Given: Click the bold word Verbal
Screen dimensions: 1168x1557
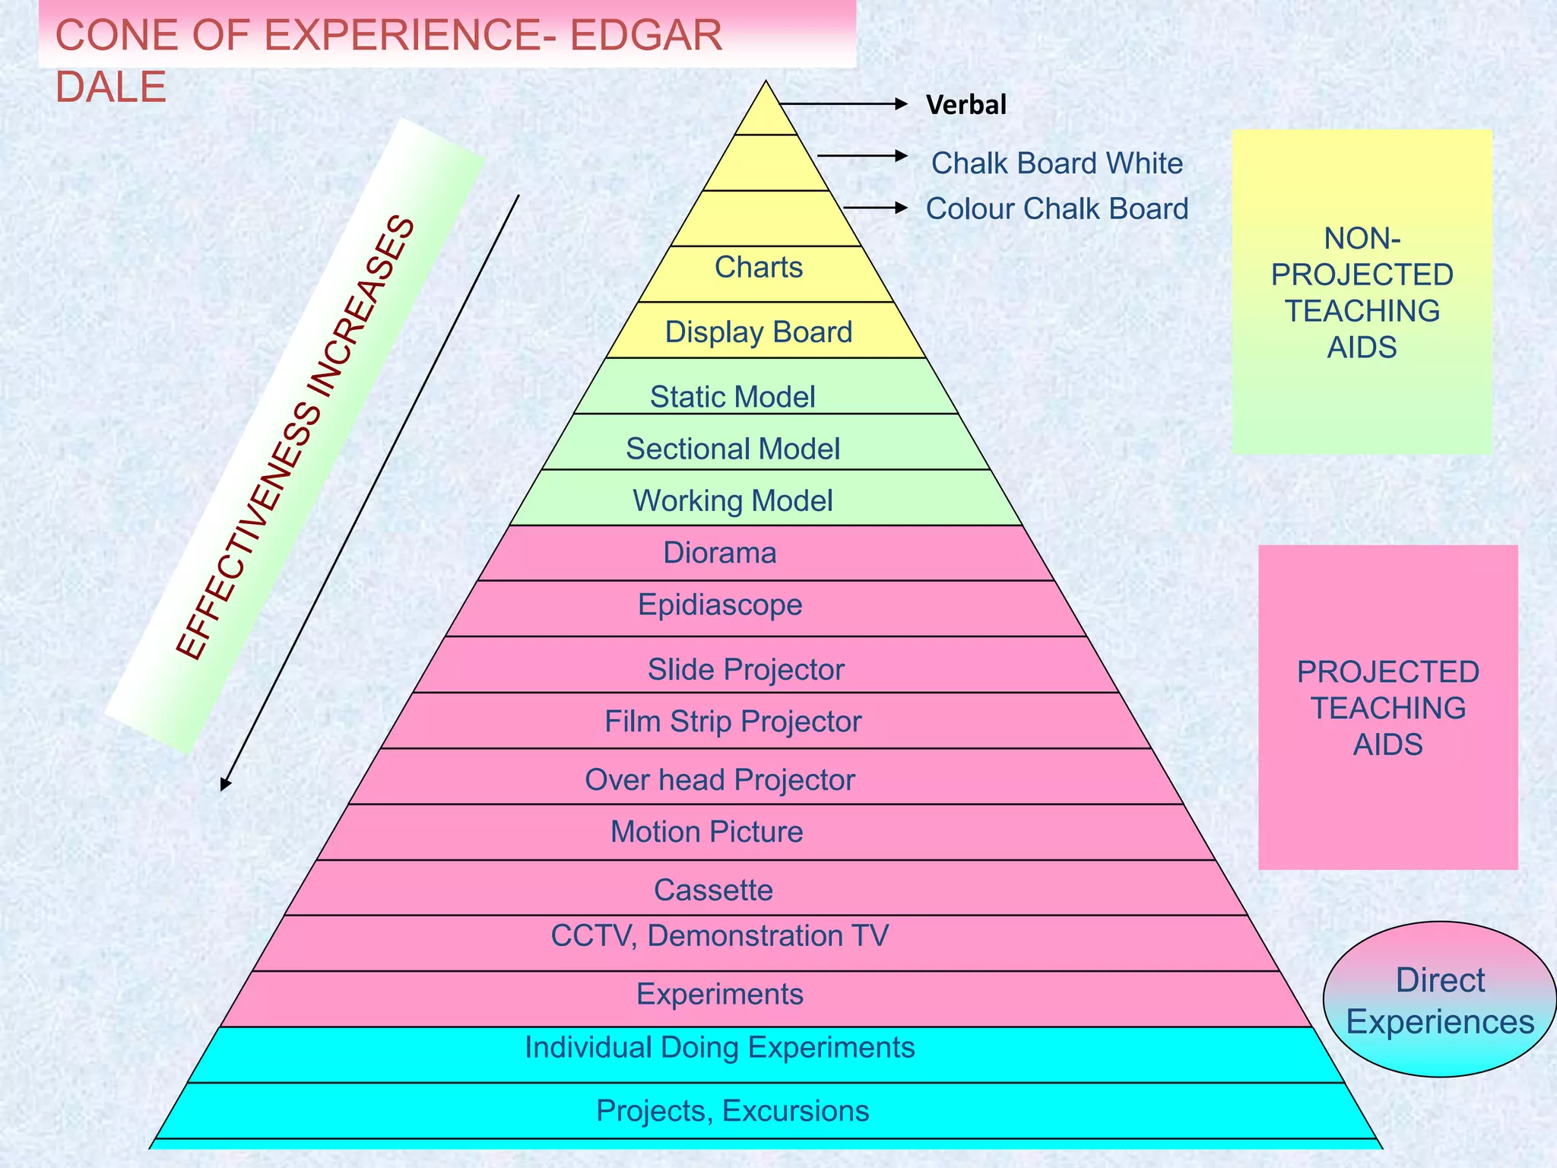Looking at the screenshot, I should [x=966, y=105].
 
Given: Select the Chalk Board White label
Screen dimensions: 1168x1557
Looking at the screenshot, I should [x=1057, y=163].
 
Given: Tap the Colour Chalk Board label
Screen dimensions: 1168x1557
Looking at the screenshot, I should [x=1057, y=209].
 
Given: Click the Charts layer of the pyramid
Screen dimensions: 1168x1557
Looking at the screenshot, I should [x=759, y=268].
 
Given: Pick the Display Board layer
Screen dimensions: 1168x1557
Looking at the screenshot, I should [x=759, y=332].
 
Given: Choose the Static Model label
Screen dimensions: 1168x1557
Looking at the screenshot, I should [x=733, y=396].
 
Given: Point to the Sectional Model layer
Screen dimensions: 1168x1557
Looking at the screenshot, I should [x=733, y=449].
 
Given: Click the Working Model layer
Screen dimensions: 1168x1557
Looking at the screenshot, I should [x=733, y=500].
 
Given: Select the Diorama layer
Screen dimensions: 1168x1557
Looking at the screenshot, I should [x=720, y=553].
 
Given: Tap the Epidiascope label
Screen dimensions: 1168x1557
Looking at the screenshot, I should [x=720, y=605].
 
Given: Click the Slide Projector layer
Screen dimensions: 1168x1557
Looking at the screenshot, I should [x=746, y=669].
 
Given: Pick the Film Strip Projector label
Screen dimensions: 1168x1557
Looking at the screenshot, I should [x=733, y=722].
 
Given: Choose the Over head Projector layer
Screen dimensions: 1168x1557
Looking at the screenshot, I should [x=720, y=779].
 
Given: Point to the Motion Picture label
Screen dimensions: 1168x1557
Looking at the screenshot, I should [x=707, y=832].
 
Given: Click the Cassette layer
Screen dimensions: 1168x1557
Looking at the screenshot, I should [x=713, y=890].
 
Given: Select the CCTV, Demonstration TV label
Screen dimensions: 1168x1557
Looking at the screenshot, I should [x=720, y=936].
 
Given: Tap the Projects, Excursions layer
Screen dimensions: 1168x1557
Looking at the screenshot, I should [x=733, y=1111].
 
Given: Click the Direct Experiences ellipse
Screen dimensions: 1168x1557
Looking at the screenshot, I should [x=1440, y=1000].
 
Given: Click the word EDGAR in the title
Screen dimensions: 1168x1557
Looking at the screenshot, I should [x=645, y=36].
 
